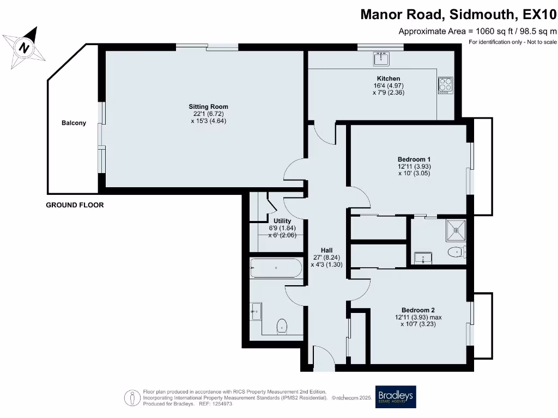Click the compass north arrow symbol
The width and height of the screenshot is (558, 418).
[24, 47]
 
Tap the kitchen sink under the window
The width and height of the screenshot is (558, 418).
[381, 59]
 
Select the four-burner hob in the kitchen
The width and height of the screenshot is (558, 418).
[446, 85]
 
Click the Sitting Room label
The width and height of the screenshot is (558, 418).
[208, 107]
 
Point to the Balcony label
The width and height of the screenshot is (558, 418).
[74, 123]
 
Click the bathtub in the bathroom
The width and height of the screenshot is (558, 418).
[276, 268]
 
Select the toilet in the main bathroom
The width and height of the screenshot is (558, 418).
[282, 326]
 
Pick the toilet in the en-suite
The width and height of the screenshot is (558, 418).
[457, 252]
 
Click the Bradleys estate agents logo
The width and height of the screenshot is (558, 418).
[396, 397]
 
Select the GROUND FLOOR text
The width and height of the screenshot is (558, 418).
[75, 205]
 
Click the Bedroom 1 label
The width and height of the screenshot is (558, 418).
[414, 159]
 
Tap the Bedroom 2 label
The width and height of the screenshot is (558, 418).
[418, 310]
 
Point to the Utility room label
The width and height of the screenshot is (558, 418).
[282, 221]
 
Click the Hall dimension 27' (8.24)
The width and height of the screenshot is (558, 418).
[326, 257]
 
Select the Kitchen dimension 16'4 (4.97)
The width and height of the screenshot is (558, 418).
[388, 85]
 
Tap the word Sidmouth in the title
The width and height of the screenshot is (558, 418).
[482, 14]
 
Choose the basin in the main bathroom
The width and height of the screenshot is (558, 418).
[256, 311]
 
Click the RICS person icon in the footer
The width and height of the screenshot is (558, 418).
[132, 398]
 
